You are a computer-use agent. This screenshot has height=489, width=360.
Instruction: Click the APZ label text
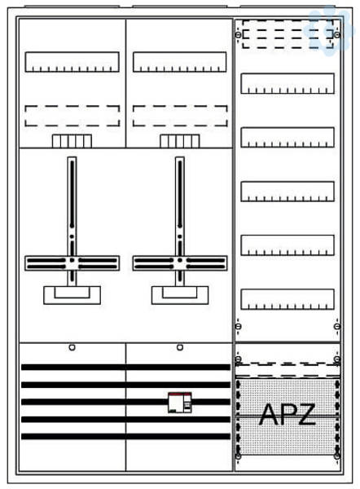[287, 415]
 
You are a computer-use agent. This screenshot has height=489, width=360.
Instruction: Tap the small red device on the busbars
[180, 403]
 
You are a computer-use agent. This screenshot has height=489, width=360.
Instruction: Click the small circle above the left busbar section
[72, 347]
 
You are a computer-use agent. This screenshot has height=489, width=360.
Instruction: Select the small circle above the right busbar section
[180, 347]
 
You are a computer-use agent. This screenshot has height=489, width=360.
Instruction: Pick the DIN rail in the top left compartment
[72, 62]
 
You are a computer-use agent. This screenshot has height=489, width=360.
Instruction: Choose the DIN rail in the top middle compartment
[179, 62]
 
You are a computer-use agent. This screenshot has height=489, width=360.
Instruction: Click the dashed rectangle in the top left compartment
[72, 116]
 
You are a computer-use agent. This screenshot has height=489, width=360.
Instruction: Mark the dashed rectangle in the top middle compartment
[180, 116]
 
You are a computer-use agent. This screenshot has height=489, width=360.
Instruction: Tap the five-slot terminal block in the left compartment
[72, 141]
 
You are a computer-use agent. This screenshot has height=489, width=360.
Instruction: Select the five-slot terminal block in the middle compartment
[180, 141]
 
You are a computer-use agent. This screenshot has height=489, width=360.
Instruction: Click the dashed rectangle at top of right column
[288, 34]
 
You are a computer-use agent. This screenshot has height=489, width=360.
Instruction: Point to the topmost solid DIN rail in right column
[288, 83]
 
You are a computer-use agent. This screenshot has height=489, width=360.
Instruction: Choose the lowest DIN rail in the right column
[288, 299]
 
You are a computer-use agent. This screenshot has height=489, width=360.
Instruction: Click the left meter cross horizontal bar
[72, 263]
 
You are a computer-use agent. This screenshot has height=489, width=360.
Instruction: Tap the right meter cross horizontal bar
[180, 263]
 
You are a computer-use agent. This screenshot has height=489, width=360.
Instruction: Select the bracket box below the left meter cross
[72, 295]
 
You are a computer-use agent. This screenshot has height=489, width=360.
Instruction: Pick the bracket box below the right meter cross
[180, 295]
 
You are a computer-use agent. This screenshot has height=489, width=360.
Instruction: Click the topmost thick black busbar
[125, 367]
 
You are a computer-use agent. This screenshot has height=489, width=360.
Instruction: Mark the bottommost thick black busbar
[125, 436]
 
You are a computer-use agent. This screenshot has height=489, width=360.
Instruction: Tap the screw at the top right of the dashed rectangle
[337, 34]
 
